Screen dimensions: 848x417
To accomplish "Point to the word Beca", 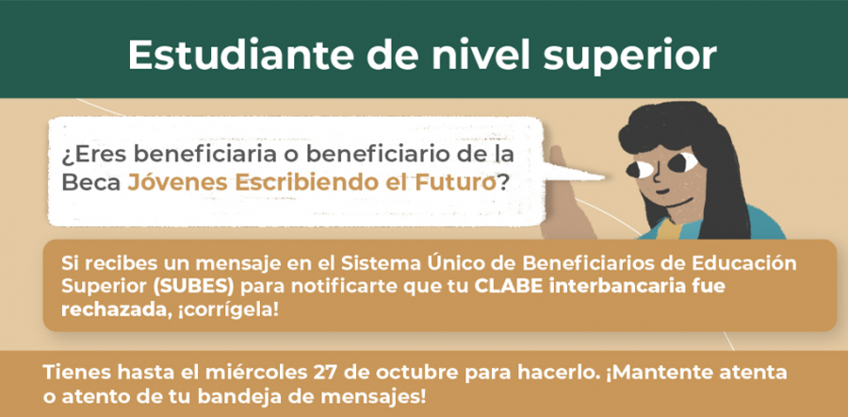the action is tap(90, 183).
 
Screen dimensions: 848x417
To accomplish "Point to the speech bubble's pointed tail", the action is tap(602, 176).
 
